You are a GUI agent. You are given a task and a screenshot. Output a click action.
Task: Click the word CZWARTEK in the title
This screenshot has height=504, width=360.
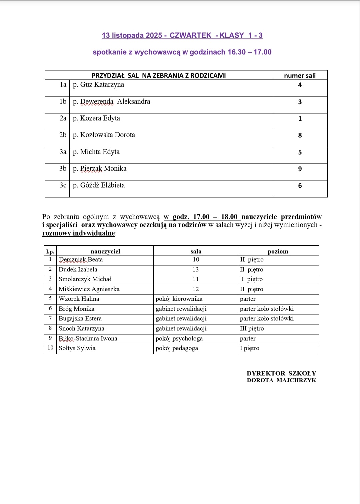point(190,35)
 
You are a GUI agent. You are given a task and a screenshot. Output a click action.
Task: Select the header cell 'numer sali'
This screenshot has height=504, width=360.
point(300,75)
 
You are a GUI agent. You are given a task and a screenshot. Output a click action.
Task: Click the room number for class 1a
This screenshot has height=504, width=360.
point(300,85)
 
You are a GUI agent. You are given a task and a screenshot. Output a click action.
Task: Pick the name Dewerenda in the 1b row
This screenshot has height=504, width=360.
point(97,102)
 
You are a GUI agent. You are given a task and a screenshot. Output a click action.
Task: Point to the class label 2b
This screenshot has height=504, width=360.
point(63,135)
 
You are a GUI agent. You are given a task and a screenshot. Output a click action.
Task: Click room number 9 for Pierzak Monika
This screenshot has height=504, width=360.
point(300,169)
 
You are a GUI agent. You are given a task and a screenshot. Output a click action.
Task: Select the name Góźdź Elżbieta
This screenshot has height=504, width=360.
point(102,185)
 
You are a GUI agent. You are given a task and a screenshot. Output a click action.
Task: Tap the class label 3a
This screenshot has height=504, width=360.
point(63,152)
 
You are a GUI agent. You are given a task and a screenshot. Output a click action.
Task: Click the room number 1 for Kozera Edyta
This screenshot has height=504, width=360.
point(300,119)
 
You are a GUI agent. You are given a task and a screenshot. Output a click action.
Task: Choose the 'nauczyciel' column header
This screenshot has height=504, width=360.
point(105,251)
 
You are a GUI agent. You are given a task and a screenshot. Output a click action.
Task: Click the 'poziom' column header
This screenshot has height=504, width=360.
point(278,251)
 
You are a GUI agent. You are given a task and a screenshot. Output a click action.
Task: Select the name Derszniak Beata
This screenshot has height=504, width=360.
point(81,260)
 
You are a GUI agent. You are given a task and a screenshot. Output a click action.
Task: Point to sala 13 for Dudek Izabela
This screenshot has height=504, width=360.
point(196,269)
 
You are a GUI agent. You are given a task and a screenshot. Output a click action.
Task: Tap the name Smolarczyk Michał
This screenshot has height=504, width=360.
point(85,279)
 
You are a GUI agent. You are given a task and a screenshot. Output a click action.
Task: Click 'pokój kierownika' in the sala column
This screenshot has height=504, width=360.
point(179,299)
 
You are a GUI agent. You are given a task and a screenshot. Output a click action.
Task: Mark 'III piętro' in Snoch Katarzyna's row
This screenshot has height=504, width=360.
point(252,328)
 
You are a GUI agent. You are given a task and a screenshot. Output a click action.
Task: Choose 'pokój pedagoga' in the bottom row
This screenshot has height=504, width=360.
point(177,348)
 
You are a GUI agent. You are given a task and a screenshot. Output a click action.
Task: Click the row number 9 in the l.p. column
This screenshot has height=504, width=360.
point(50,338)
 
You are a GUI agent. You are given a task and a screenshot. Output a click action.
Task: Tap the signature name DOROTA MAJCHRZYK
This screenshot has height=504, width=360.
point(281,380)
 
